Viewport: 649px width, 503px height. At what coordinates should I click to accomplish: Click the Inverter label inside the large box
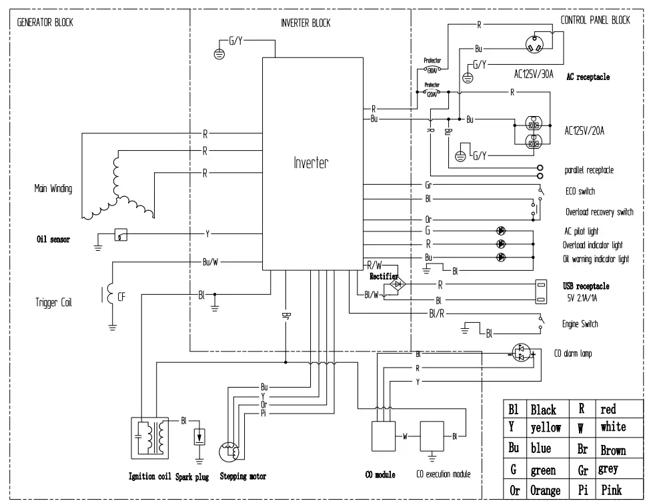(311, 162)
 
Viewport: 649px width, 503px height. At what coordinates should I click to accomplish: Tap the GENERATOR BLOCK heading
(45, 22)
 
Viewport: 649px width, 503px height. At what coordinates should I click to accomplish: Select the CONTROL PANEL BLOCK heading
(595, 21)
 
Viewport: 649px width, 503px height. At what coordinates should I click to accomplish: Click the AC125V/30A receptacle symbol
(538, 45)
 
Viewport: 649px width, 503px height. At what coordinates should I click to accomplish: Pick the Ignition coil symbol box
(151, 438)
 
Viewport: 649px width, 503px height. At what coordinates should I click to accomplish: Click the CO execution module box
(432, 437)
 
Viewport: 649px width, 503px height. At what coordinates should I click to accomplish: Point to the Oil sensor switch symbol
(120, 235)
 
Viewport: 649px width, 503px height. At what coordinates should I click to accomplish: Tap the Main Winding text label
(53, 189)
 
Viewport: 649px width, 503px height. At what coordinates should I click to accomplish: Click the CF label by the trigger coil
(121, 298)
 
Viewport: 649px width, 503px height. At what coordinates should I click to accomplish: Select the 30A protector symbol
(432, 69)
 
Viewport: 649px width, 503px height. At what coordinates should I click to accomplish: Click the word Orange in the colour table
(545, 490)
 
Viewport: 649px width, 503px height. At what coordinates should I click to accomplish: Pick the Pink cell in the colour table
(611, 490)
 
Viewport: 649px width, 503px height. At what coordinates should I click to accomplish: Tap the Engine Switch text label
(581, 324)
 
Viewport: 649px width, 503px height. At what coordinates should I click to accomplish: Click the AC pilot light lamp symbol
(501, 230)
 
